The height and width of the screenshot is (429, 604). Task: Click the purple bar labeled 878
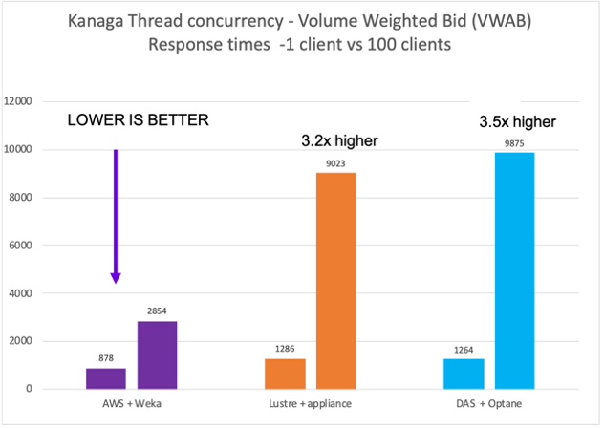pos(105,378)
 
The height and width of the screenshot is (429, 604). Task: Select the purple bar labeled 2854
pos(157,354)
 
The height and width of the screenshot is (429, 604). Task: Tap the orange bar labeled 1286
pos(284,374)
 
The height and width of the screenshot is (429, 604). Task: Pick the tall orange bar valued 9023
pos(336,281)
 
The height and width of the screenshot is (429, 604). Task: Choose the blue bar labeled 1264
pos(464,374)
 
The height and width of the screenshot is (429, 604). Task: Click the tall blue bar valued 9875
pos(515,270)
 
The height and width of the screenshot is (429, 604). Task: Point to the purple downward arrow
pos(115,216)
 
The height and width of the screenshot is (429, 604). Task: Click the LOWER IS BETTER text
pos(137,121)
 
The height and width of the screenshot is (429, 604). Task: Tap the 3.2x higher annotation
pos(334,141)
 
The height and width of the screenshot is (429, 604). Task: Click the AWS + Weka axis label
pos(131,405)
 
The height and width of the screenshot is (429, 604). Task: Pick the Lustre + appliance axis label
pos(310,405)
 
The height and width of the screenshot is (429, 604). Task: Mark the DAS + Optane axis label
pos(489,405)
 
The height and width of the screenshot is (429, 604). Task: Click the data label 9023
pos(336,163)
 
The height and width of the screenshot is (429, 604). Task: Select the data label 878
pos(105,359)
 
